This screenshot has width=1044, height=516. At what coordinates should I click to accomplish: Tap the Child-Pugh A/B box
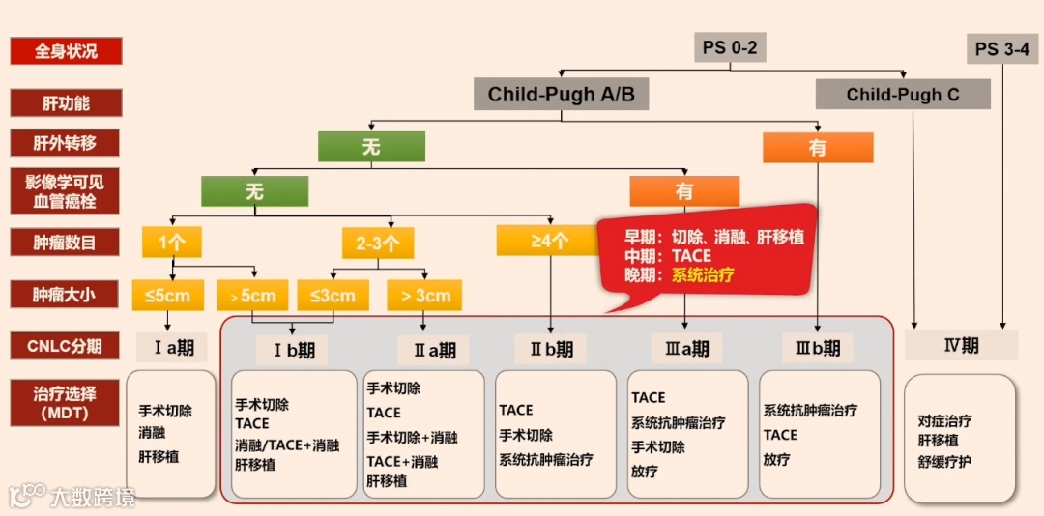click(x=561, y=94)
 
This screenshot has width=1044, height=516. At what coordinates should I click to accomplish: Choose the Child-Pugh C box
click(x=903, y=95)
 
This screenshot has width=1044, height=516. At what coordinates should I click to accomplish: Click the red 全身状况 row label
click(x=66, y=51)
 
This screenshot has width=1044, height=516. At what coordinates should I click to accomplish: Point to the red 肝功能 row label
click(x=66, y=102)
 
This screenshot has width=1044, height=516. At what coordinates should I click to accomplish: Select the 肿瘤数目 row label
click(x=66, y=242)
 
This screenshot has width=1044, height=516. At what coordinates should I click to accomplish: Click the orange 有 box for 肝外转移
click(x=818, y=147)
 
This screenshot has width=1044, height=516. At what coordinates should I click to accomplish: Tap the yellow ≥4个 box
click(x=548, y=241)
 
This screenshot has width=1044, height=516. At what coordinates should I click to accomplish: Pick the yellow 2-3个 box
click(x=378, y=242)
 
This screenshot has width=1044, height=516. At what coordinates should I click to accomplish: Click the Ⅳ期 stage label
click(x=961, y=345)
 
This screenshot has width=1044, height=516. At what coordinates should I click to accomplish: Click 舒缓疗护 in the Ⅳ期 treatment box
click(x=945, y=461)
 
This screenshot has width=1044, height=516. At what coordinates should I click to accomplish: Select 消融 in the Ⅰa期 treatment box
click(x=152, y=433)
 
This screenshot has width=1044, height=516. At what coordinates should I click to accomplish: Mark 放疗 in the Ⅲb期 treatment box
click(x=776, y=460)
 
